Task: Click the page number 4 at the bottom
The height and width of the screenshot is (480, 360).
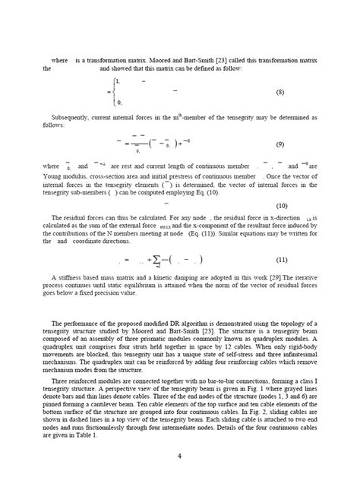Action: tap(179, 456)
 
